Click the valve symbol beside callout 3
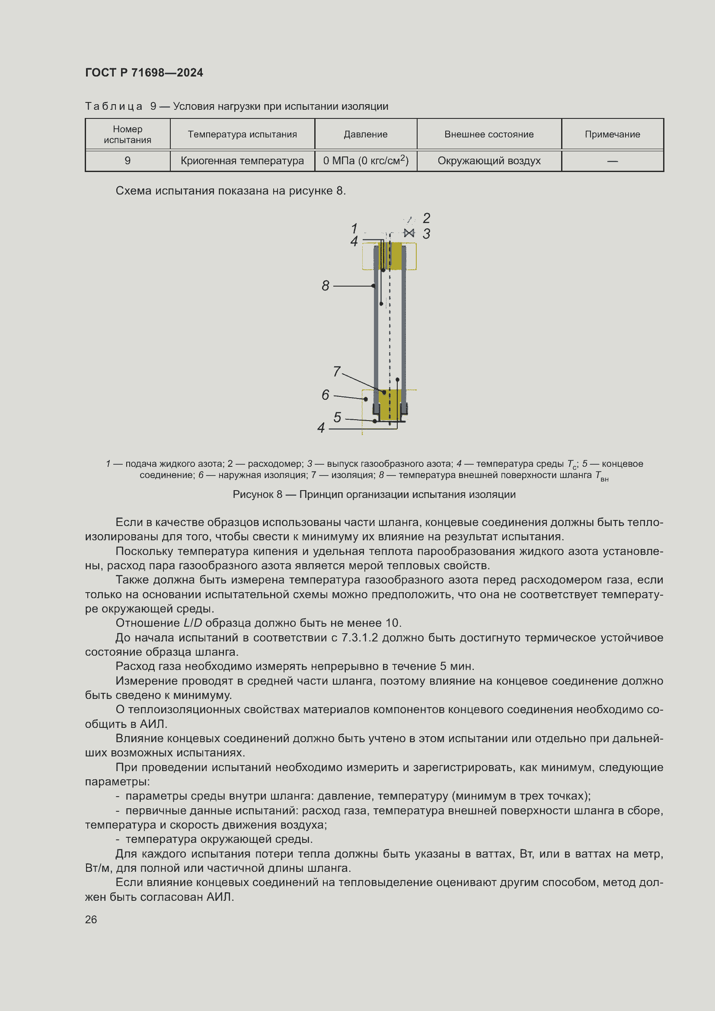click(x=409, y=233)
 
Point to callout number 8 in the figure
click(x=326, y=286)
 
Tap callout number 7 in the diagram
click(x=337, y=372)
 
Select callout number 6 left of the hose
click(x=326, y=395)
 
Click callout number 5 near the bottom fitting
click(x=337, y=417)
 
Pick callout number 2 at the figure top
click(x=426, y=218)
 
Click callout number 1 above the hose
click(x=354, y=229)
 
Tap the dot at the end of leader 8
click(x=373, y=286)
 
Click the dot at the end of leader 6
click(x=365, y=399)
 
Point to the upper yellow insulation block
click(x=395, y=256)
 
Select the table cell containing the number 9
click(x=128, y=161)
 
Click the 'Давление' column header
click(x=365, y=134)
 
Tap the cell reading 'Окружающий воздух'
click(x=489, y=161)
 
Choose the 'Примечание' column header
click(x=612, y=134)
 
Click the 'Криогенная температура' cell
click(x=242, y=161)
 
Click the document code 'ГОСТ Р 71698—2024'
click(x=144, y=73)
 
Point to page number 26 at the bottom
click(x=91, y=920)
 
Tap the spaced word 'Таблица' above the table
click(x=114, y=107)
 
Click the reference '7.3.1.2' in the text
click(x=360, y=638)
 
